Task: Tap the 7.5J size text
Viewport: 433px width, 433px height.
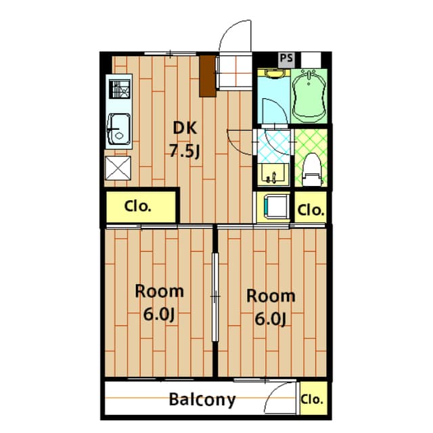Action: (x=184, y=151)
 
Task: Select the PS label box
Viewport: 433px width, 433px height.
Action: (x=286, y=58)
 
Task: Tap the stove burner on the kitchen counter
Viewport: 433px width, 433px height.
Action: (x=120, y=89)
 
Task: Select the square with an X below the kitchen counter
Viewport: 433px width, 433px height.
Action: (x=119, y=167)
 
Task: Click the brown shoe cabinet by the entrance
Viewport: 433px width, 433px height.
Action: (x=208, y=75)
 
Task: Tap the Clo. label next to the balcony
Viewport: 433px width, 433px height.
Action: (x=313, y=398)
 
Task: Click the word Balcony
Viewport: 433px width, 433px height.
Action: (x=202, y=400)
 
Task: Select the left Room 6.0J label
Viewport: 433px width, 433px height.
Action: (x=160, y=303)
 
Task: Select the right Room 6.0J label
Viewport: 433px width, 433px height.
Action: (x=270, y=306)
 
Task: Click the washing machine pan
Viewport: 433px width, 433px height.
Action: (x=275, y=206)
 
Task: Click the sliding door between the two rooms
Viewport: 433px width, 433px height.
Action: (x=215, y=298)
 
